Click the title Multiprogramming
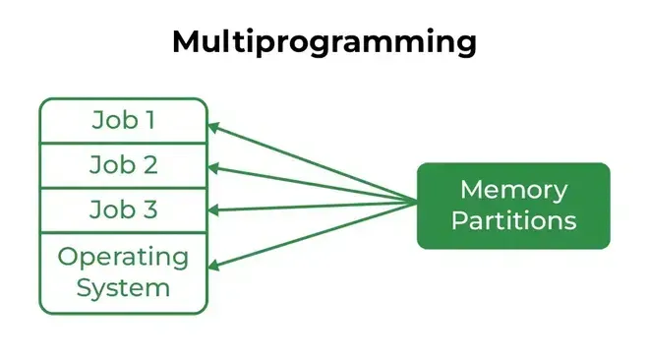tap(324, 42)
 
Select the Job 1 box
tap(123, 120)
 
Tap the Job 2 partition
tap(123, 165)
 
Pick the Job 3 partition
tap(123, 210)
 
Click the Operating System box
tap(123, 272)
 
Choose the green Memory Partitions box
tap(513, 205)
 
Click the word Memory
tap(513, 189)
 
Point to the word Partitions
tap(513, 220)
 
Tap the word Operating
tap(123, 257)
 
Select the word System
tap(123, 288)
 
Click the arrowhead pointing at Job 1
tap(214, 127)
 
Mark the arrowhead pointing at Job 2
tap(214, 167)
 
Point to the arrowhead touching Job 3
tap(214, 210)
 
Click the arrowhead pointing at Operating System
tap(214, 264)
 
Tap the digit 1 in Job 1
tap(149, 120)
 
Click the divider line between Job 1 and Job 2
tap(123, 143)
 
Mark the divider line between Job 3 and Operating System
tap(123, 233)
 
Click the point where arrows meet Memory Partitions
tap(417, 204)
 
